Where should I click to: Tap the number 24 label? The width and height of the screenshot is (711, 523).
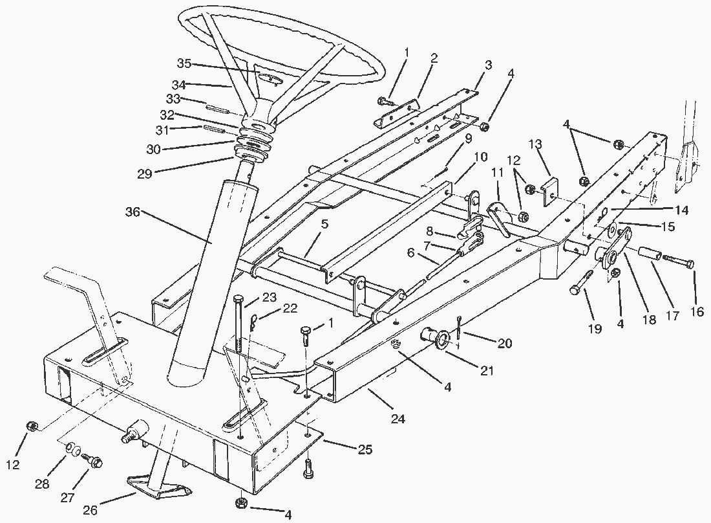tap(398, 419)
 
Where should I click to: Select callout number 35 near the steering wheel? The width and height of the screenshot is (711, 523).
tap(185, 63)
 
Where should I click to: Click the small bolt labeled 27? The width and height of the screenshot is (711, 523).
tap(94, 460)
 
